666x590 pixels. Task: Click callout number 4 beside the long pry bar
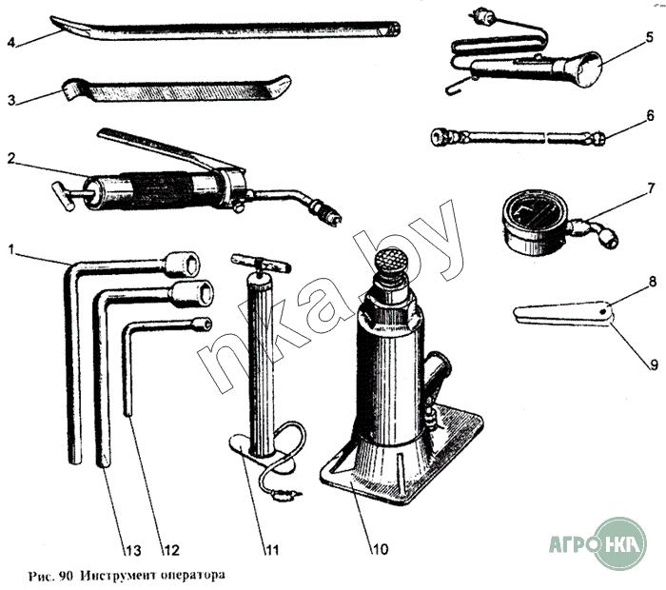[x=11, y=43]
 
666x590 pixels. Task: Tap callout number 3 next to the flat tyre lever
[x=11, y=100]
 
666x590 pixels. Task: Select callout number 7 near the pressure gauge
[x=651, y=188]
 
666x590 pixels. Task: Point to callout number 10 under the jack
[x=381, y=549]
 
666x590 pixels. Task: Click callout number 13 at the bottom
[x=132, y=550]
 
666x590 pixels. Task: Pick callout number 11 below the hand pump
[x=272, y=550]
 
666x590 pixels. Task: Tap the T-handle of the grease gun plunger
[x=64, y=195]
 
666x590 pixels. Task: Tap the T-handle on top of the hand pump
[x=261, y=263]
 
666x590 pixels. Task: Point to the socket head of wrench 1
[x=183, y=265]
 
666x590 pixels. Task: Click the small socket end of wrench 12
[x=202, y=324]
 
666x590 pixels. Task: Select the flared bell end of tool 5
[x=583, y=70]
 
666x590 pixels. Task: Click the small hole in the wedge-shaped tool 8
[x=603, y=313]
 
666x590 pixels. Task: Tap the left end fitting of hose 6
[x=444, y=137]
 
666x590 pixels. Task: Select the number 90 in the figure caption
[x=67, y=576]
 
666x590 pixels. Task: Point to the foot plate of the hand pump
[x=260, y=453]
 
